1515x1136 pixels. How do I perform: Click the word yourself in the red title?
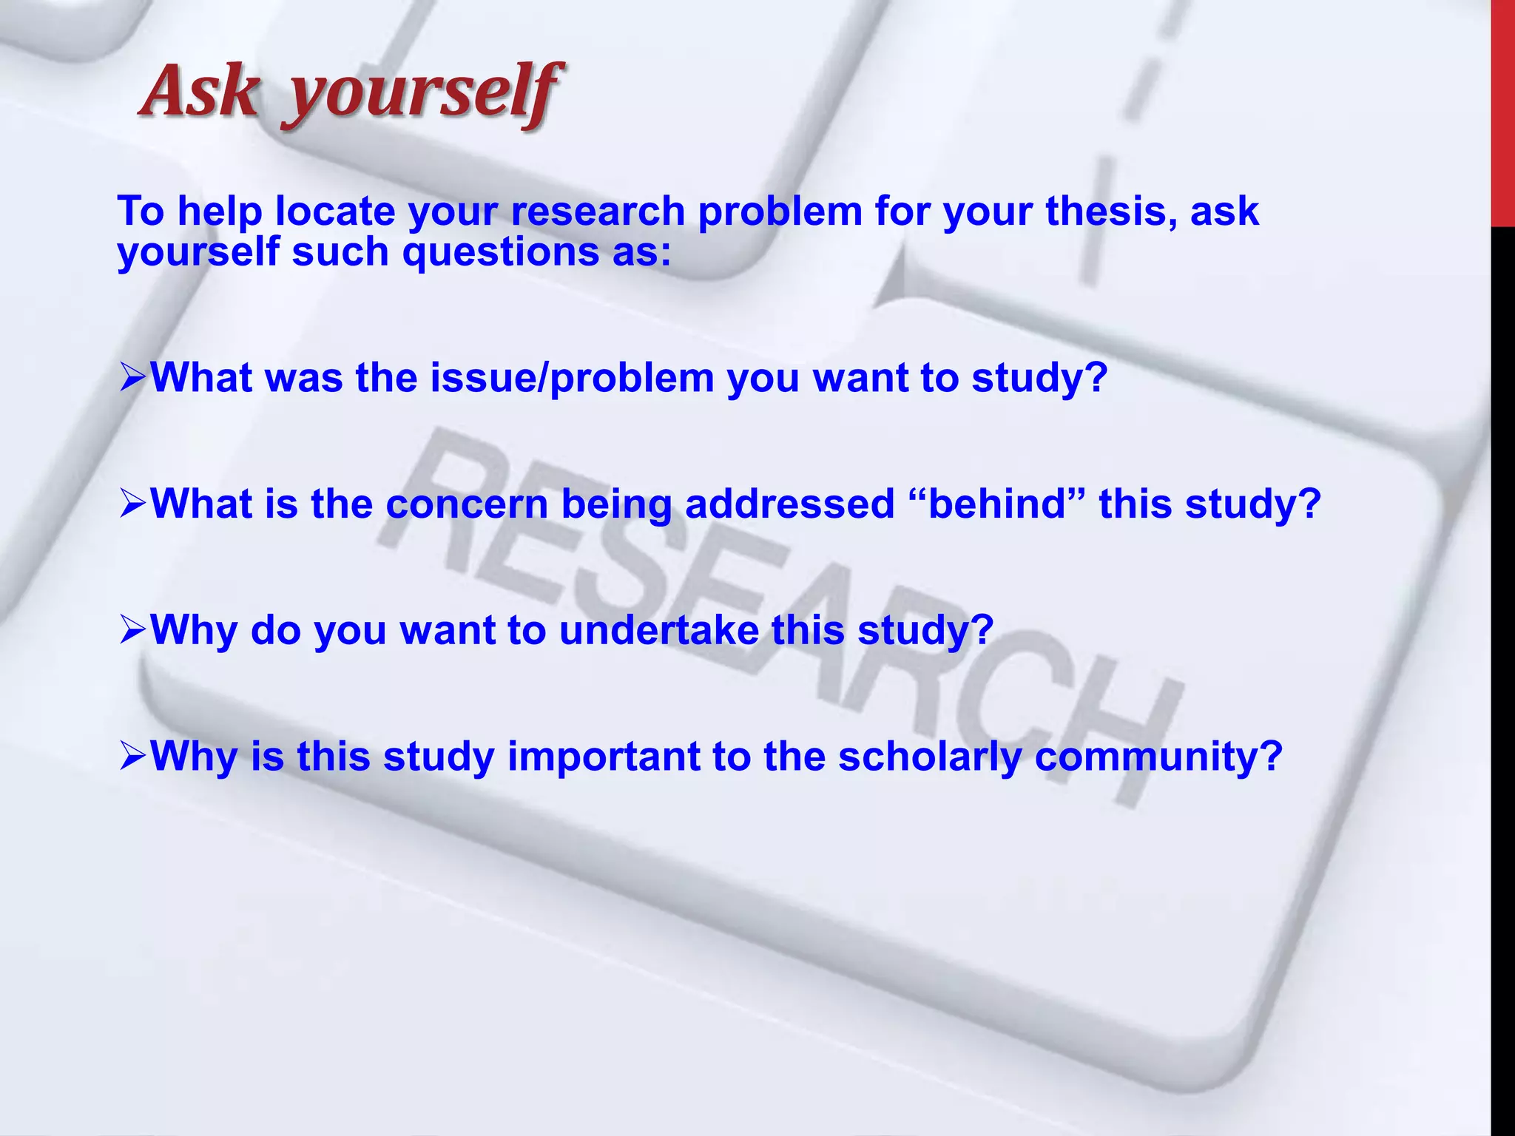pyautogui.click(x=422, y=95)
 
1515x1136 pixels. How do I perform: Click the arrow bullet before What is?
pyautogui.click(x=132, y=505)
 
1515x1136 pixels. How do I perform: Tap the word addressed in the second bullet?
pyautogui.click(x=789, y=504)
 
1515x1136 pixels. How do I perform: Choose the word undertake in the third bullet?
pyautogui.click(x=658, y=631)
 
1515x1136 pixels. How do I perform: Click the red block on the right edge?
pyautogui.click(x=1502, y=111)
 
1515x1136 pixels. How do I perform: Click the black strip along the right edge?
pyautogui.click(x=1502, y=666)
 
